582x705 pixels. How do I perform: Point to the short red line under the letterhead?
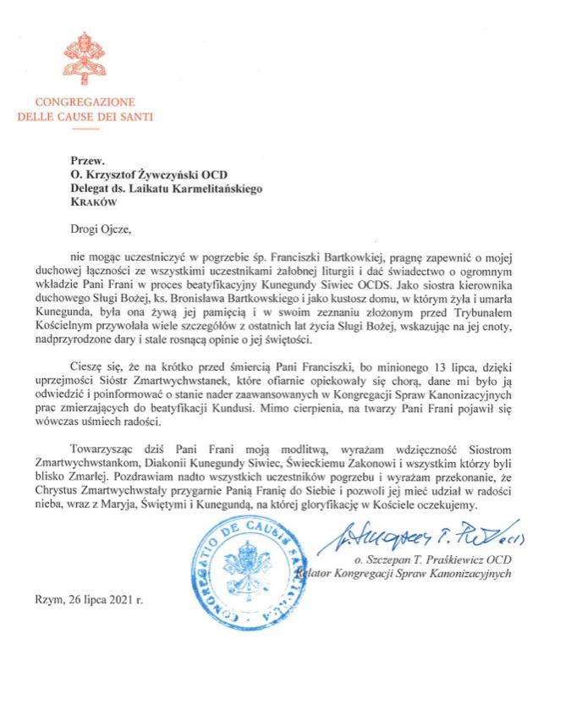coord(84,129)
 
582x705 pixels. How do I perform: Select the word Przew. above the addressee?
coord(85,158)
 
